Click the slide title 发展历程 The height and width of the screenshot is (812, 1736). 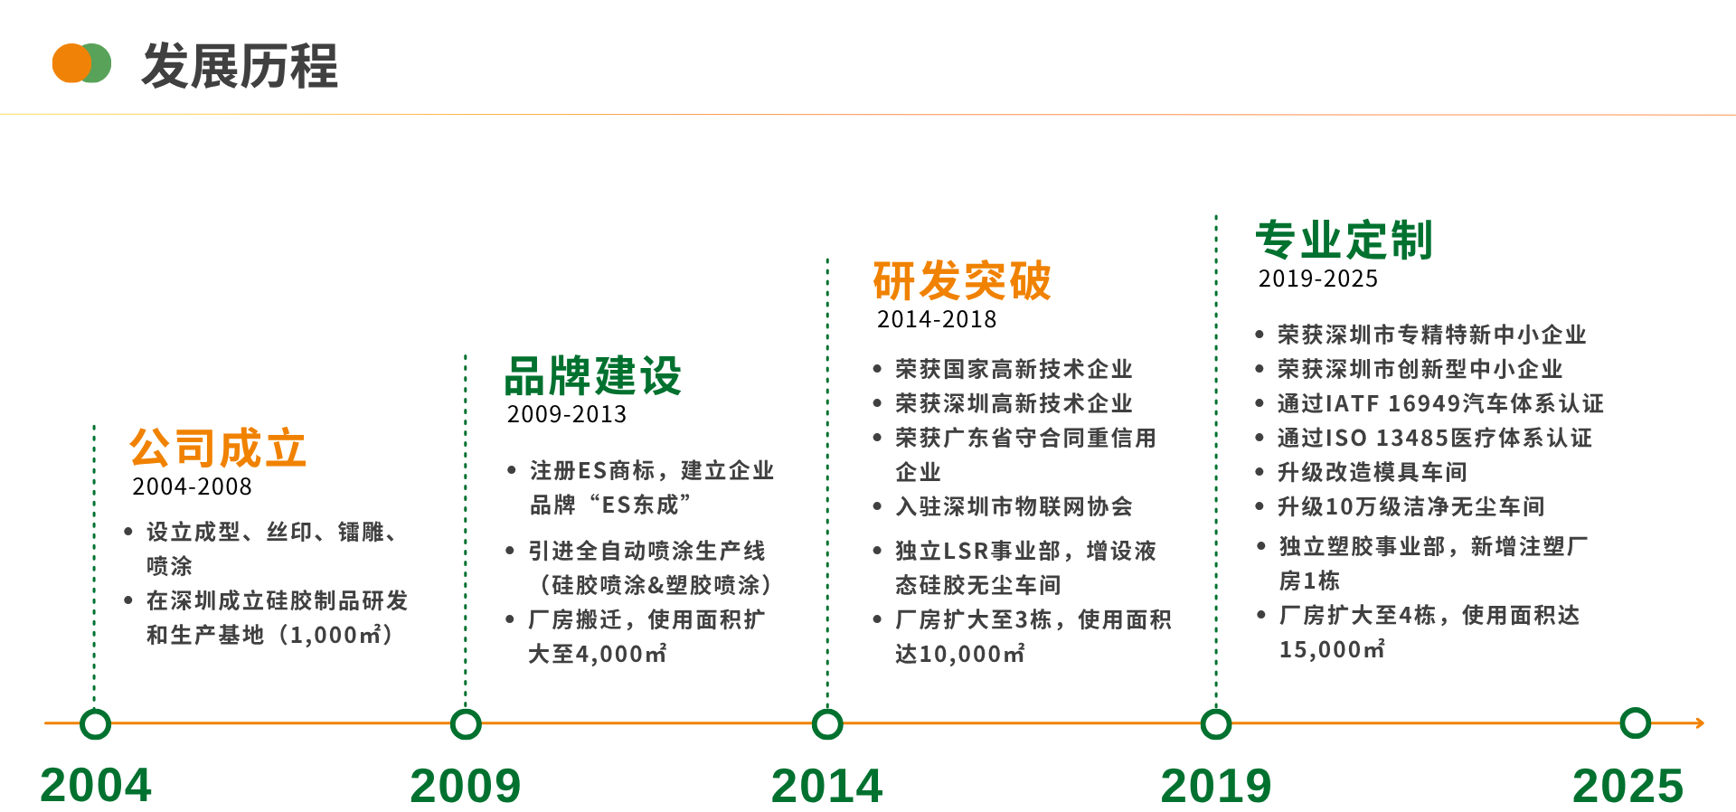(240, 66)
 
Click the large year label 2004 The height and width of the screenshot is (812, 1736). (96, 785)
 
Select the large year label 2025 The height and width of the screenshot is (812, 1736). (1628, 786)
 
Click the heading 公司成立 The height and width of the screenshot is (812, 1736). (218, 448)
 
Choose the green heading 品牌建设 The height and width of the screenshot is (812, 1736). (593, 376)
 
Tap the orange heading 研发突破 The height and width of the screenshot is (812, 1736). (962, 280)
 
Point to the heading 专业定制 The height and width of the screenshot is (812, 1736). (1344, 240)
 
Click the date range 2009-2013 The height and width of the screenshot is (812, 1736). (567, 414)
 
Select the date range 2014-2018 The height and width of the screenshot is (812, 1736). (937, 319)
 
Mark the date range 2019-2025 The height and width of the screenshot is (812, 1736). (1318, 279)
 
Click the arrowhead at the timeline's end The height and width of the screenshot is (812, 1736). (1700, 723)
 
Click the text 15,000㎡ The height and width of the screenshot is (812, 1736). (1332, 649)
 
